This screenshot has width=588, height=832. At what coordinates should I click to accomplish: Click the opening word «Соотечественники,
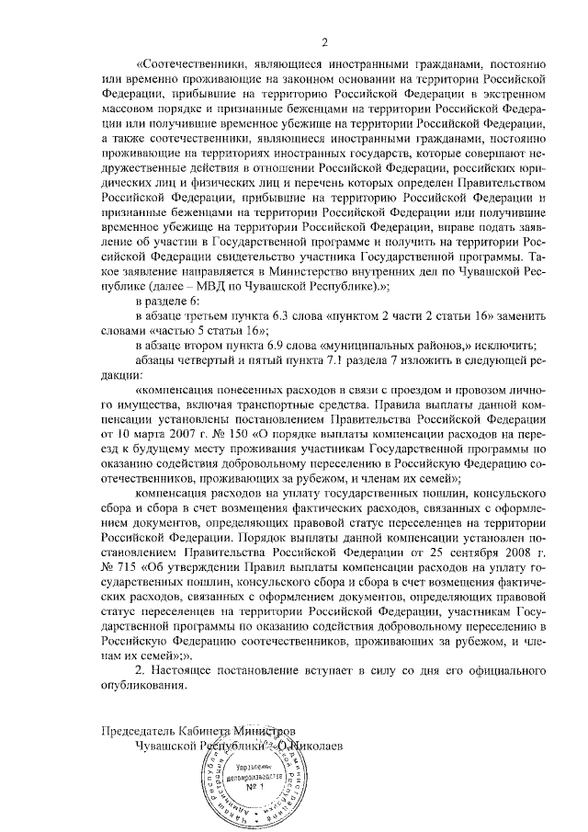coord(190,64)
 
